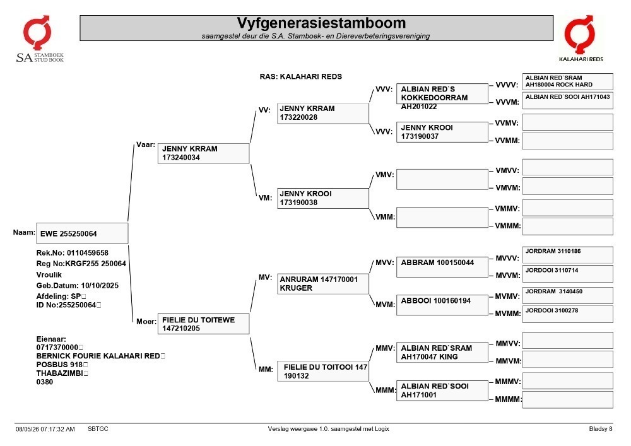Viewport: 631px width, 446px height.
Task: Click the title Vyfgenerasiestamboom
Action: click(x=321, y=23)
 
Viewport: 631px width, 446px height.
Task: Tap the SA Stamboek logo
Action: click(x=39, y=39)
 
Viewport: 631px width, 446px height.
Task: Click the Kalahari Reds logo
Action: click(x=581, y=38)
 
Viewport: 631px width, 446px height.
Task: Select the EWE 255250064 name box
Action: click(x=82, y=233)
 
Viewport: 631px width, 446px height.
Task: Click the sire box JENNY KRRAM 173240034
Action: click(x=203, y=153)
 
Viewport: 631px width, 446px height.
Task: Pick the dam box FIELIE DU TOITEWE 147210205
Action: click(x=203, y=324)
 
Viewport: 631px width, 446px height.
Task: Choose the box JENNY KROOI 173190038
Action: click(x=322, y=198)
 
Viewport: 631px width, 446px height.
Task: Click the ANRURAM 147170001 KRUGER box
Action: click(x=322, y=284)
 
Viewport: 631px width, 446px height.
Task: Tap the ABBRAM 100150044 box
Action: click(x=442, y=267)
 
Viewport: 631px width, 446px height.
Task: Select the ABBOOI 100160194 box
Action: click(x=442, y=305)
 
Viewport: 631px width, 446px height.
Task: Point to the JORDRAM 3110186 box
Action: click(x=568, y=255)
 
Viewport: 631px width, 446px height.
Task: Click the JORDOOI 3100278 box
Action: click(x=568, y=314)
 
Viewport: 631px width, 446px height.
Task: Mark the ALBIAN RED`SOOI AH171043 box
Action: click(x=568, y=100)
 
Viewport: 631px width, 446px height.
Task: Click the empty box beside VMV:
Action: click(x=442, y=179)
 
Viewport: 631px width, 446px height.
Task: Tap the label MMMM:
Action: click(x=508, y=399)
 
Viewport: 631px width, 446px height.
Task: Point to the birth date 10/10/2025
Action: click(x=100, y=286)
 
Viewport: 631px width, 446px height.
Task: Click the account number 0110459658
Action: click(x=88, y=253)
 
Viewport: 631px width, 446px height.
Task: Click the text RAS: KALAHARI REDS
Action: click(x=300, y=76)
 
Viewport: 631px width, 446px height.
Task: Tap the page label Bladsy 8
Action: click(x=601, y=429)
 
